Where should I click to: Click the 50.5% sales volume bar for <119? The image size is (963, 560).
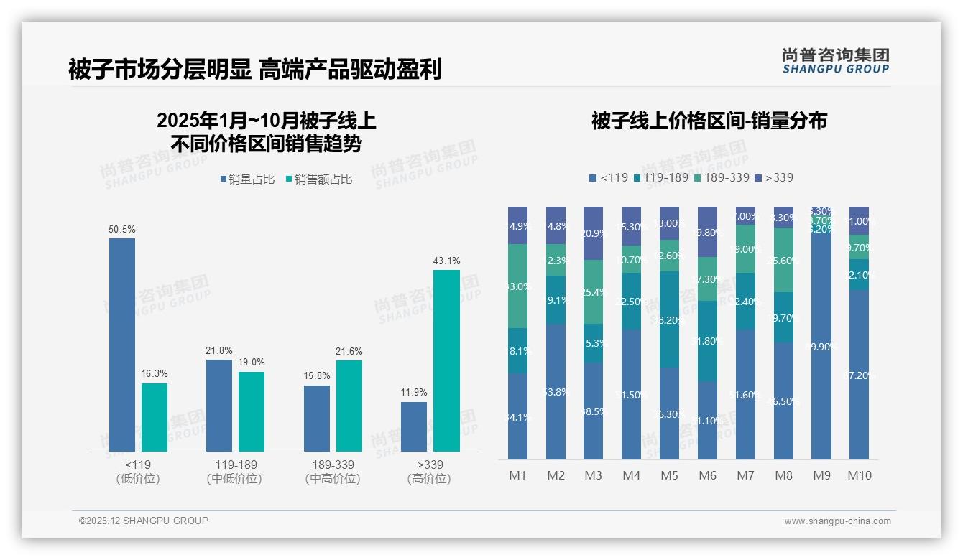(x=122, y=345)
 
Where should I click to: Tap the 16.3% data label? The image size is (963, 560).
(x=155, y=374)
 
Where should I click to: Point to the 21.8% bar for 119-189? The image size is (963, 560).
(x=219, y=405)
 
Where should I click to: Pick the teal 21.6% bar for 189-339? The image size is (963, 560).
(x=349, y=406)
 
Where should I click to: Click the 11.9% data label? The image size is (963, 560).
(x=414, y=393)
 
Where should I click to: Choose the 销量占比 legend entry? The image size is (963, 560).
(x=247, y=179)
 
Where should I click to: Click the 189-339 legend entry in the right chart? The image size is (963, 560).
(x=722, y=177)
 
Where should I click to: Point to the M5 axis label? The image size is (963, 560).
(x=669, y=475)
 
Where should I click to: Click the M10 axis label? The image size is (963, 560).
(x=860, y=475)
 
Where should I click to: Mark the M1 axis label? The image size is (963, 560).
(x=518, y=475)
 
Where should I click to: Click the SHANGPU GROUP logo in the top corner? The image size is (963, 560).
(x=835, y=61)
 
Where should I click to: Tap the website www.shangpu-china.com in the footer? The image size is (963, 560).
(x=837, y=521)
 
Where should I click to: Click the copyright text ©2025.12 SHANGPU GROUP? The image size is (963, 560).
(x=144, y=521)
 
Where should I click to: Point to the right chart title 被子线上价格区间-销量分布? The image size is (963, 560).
(x=709, y=121)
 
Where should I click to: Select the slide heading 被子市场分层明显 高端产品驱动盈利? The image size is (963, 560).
(x=255, y=69)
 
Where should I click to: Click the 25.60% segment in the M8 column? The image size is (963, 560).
(x=783, y=260)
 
